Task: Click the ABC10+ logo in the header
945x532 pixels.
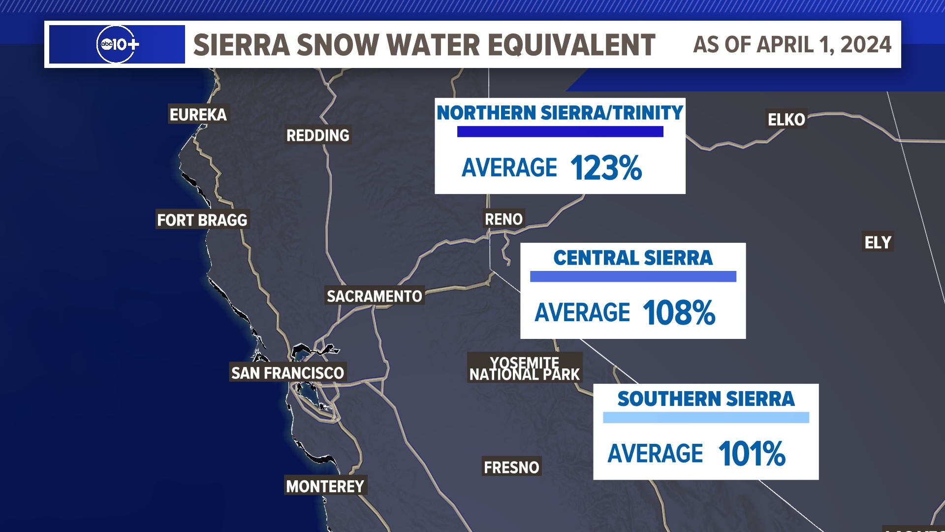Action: (118, 44)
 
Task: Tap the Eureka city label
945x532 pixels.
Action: (198, 114)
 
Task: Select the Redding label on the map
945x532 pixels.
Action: (318, 135)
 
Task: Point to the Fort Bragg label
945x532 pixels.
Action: (202, 220)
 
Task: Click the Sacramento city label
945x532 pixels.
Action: (375, 296)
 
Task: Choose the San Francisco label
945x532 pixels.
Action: (287, 373)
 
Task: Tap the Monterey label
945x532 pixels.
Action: (325, 486)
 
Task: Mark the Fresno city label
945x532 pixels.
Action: (511, 467)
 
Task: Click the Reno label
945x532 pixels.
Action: (504, 219)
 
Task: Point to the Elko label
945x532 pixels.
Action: (786, 119)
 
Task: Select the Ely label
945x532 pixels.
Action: (878, 242)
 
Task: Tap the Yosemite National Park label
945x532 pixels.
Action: (525, 368)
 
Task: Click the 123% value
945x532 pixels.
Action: (606, 168)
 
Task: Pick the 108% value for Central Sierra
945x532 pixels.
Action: (679, 313)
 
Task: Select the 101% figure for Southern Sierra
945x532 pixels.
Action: (752, 454)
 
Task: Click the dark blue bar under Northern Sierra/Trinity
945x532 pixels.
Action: (560, 132)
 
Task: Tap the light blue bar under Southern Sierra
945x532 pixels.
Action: (706, 418)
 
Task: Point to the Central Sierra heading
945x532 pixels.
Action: (633, 258)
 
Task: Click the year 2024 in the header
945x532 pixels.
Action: (866, 45)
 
